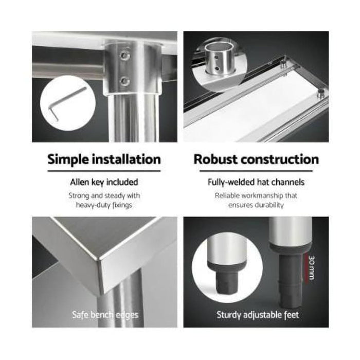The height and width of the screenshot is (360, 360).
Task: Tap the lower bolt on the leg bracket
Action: point(124,81)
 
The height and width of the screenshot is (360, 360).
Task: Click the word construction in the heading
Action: point(282,159)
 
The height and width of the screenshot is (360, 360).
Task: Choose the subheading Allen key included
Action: point(104,182)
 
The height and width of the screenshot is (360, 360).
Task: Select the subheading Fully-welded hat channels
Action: point(256,182)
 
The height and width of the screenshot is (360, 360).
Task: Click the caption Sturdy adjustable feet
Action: point(258,314)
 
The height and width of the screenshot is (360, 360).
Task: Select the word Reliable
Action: point(228,195)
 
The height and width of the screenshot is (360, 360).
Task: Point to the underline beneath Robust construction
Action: point(256,171)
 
